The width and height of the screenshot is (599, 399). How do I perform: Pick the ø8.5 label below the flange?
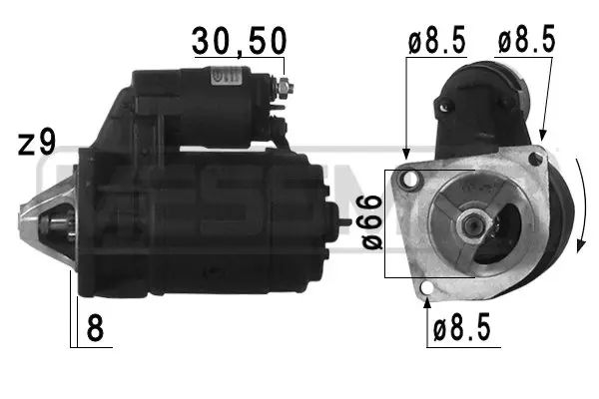pos(462,328)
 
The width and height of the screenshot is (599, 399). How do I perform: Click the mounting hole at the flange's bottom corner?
pos(427,291)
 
